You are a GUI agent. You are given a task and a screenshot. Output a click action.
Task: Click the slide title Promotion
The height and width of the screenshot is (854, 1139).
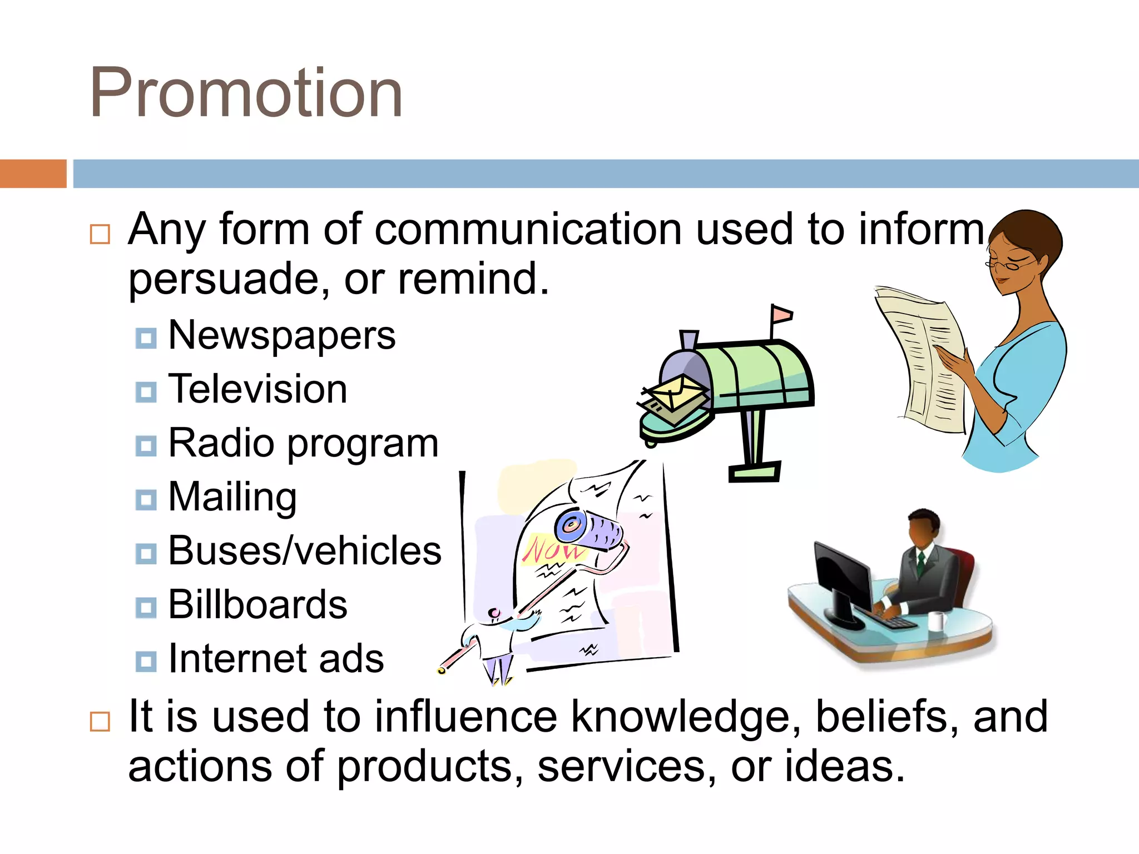(246, 93)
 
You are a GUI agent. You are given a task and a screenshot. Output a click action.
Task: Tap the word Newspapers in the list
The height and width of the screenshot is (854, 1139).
(281, 335)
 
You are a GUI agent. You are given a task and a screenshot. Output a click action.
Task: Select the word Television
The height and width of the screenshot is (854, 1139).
(257, 389)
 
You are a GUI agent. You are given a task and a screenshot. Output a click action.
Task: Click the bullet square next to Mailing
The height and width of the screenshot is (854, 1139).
(146, 499)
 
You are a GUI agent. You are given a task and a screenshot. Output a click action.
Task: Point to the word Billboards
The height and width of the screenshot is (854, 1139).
(257, 605)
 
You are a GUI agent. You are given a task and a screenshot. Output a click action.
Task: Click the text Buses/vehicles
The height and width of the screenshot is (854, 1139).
(305, 551)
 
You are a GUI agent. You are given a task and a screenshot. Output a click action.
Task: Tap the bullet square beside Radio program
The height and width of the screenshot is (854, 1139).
(146, 445)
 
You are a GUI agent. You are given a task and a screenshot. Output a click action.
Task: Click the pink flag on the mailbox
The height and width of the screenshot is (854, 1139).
(781, 315)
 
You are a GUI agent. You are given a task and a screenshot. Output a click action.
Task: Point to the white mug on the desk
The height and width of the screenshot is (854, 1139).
(937, 620)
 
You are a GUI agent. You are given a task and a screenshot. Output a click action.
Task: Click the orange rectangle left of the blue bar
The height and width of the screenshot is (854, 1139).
(33, 173)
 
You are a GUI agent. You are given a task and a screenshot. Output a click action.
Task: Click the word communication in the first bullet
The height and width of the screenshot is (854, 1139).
(528, 229)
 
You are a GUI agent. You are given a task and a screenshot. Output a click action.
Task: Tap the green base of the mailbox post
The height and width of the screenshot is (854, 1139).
(754, 473)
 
